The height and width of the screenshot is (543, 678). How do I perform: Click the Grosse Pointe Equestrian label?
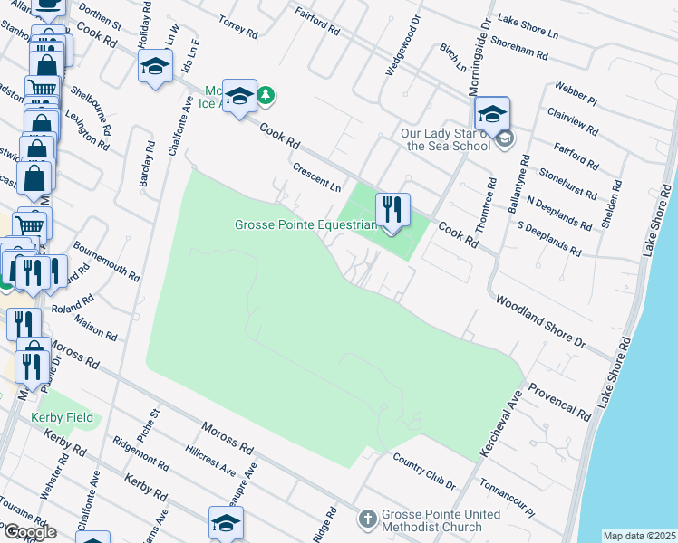tap(305, 224)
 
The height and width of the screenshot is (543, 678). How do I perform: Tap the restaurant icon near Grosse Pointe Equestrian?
tap(392, 211)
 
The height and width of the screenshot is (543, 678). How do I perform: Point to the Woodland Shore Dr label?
tap(540, 320)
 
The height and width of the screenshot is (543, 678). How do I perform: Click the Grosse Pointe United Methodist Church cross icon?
tap(367, 519)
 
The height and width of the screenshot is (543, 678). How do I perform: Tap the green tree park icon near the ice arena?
tap(266, 94)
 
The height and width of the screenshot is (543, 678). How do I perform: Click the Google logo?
tap(29, 532)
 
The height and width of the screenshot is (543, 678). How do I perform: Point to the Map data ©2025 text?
tap(639, 536)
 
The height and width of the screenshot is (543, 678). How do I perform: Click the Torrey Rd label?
tap(239, 26)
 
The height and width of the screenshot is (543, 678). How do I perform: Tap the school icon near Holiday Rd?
tap(155, 65)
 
